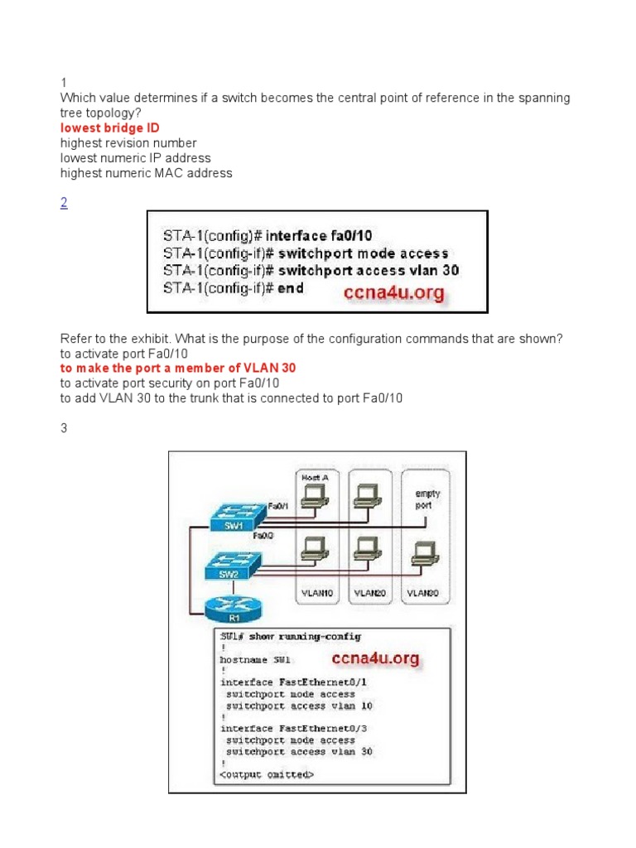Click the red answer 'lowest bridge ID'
tap(109, 128)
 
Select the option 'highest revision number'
tap(128, 143)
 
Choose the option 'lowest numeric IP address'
tap(135, 158)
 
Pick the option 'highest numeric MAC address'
tap(146, 173)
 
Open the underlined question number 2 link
tap(64, 204)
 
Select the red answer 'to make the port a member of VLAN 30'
tap(178, 368)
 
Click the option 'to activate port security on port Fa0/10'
tap(170, 383)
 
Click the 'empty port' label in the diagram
tap(427, 498)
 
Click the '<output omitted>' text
tap(267, 775)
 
